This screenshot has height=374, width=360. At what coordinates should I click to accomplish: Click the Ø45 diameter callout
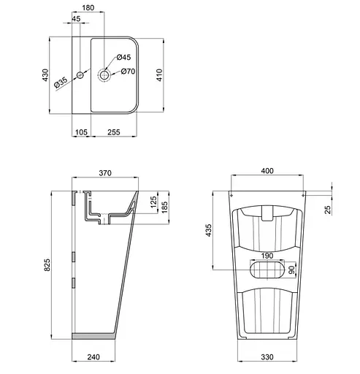click(123, 57)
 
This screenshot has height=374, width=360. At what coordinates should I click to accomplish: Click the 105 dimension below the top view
click(82, 131)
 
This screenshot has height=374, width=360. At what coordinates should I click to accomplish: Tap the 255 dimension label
click(114, 131)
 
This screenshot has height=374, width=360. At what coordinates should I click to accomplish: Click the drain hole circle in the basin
click(104, 75)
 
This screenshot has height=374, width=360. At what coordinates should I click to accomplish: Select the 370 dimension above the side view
click(106, 172)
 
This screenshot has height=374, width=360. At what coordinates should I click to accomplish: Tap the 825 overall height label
click(47, 267)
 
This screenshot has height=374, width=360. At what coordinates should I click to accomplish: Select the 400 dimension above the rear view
click(267, 171)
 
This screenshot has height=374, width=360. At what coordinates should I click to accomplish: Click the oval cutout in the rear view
click(267, 270)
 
